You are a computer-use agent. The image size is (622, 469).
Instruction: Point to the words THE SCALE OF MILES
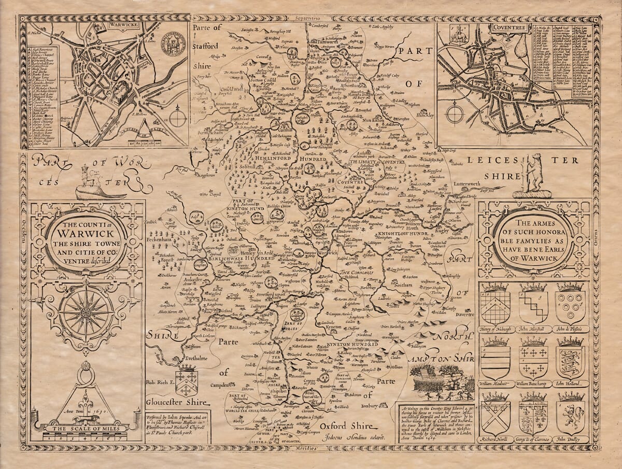pos(86,429)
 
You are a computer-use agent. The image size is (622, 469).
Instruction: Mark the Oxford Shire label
pos(346,427)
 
